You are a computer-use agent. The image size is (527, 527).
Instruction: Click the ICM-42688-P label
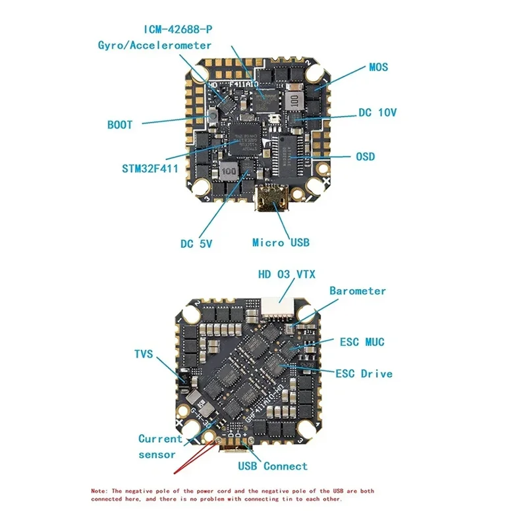click(184, 30)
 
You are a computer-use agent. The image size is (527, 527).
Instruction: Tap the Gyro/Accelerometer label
click(155, 45)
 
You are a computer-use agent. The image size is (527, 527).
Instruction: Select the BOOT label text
click(120, 125)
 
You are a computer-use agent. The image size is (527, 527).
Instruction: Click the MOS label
click(378, 67)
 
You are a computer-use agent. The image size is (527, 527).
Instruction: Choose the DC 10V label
click(378, 113)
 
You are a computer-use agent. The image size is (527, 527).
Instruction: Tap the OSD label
click(365, 156)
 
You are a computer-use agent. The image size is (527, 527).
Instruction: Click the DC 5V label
click(196, 244)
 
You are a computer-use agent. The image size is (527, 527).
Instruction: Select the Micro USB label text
click(281, 242)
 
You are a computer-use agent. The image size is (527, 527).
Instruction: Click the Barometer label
click(358, 291)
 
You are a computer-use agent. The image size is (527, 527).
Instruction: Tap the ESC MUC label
click(362, 342)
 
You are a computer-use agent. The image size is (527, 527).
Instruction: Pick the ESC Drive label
click(364, 374)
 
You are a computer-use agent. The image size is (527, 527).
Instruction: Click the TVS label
click(143, 354)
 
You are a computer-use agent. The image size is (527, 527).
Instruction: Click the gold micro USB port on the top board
click(273, 200)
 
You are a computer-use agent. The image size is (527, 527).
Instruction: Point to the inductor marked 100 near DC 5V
click(228, 170)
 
